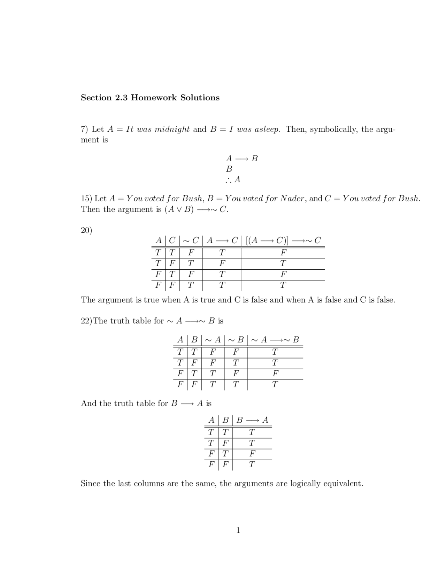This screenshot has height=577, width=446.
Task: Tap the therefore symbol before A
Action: (228, 180)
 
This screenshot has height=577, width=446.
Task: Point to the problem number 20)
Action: (86, 230)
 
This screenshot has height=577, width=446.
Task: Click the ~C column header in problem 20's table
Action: (191, 240)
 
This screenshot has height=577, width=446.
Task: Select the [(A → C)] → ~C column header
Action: (283, 240)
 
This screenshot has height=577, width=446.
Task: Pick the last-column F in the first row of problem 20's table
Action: (283, 252)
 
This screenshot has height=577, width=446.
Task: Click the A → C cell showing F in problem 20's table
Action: (222, 263)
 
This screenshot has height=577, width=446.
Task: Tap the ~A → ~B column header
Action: (275, 340)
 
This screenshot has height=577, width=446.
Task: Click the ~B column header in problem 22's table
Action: (236, 340)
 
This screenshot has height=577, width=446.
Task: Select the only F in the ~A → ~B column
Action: (275, 374)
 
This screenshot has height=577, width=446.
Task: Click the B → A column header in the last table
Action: (252, 420)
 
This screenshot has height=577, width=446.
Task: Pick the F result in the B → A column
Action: (252, 454)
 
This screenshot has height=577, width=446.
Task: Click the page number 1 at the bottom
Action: (238, 530)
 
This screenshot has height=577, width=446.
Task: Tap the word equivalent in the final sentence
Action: (343, 484)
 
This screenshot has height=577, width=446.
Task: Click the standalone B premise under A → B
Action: (229, 169)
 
